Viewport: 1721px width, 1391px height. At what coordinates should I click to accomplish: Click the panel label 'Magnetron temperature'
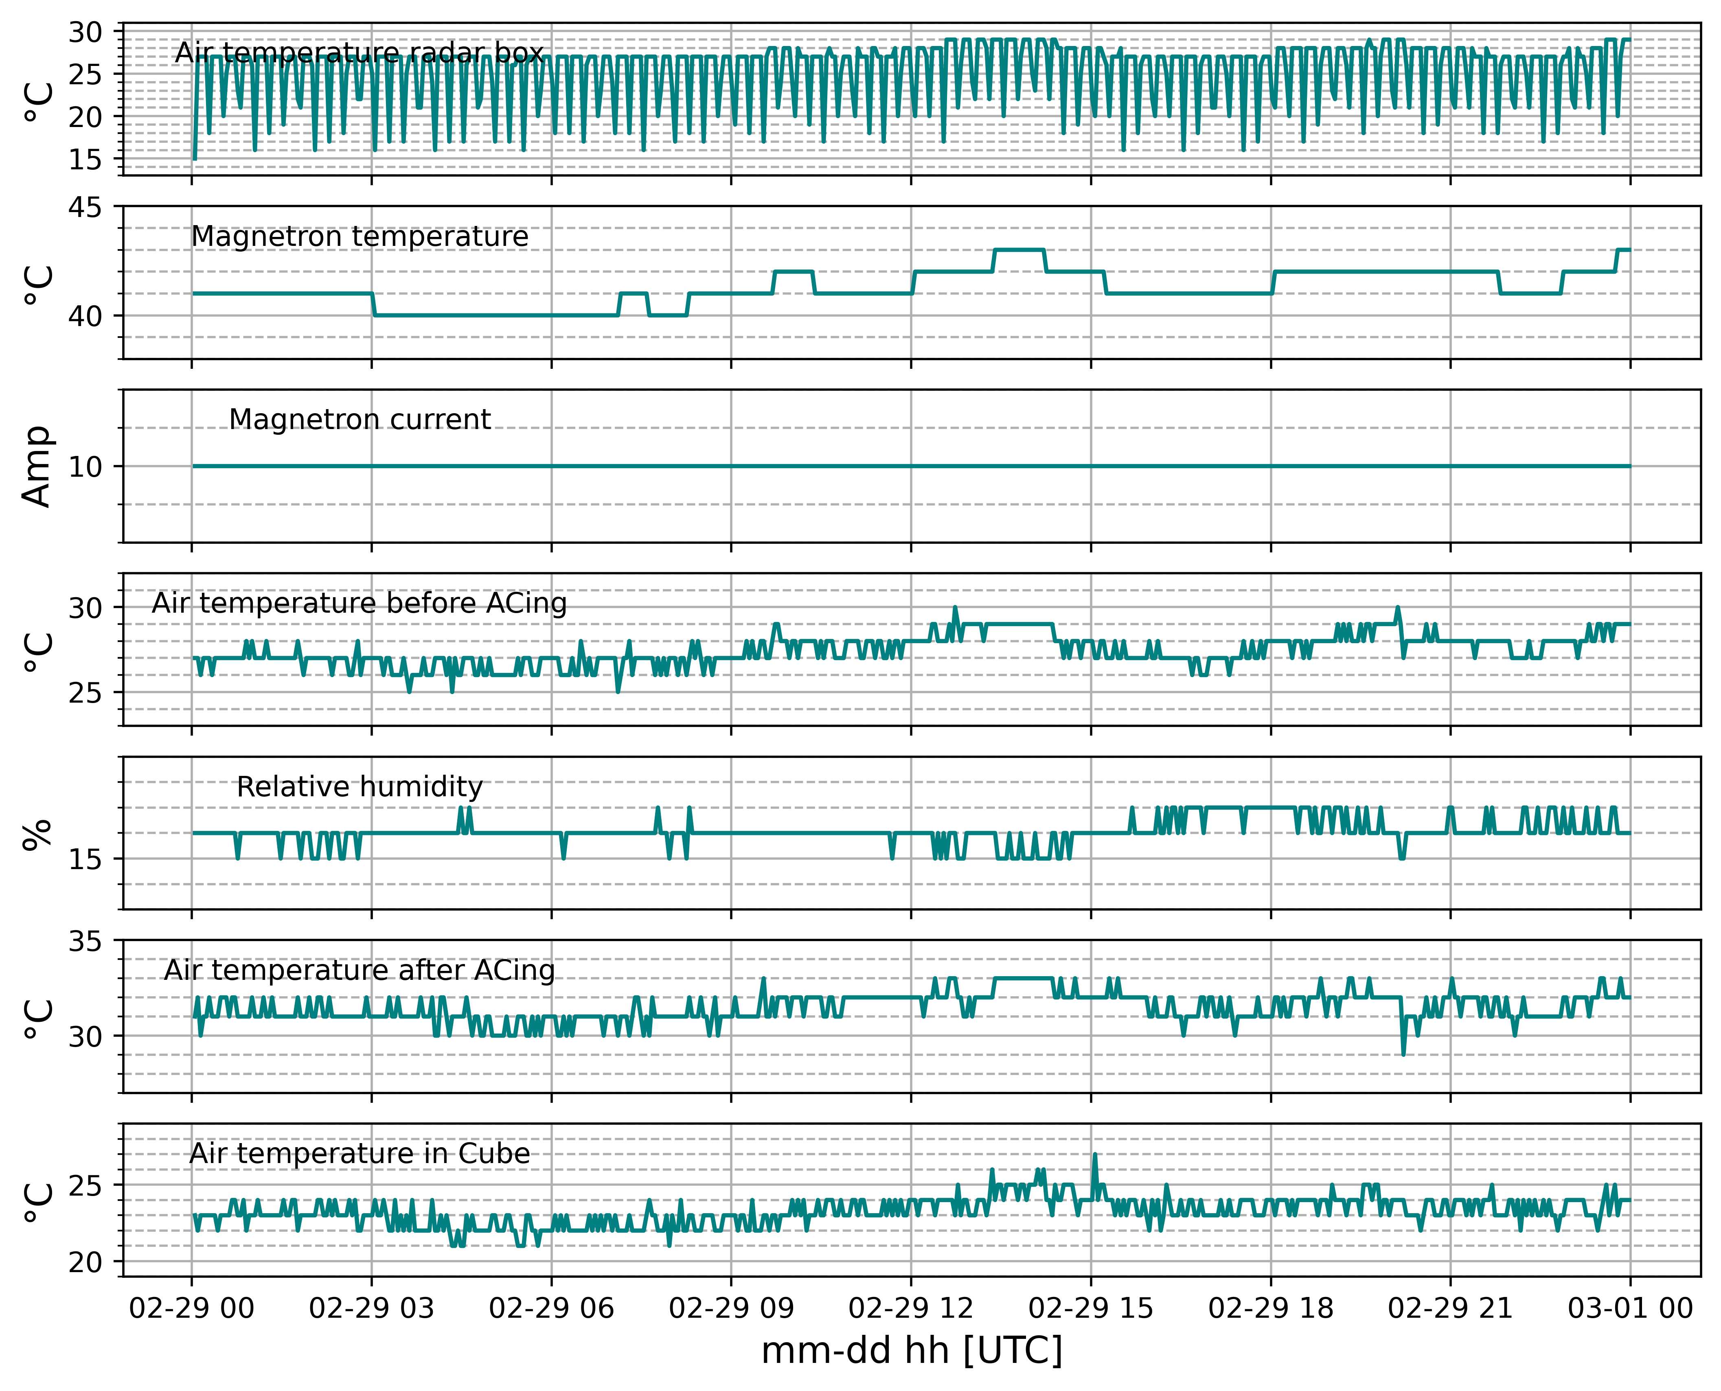[x=360, y=237]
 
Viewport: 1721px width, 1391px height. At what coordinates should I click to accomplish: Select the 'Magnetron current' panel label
[x=360, y=420]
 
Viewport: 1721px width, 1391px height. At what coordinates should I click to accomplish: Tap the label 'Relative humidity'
[x=360, y=787]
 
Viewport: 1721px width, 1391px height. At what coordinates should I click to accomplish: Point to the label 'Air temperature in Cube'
[x=360, y=1154]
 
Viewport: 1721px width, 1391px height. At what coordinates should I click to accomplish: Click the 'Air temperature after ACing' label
[x=360, y=970]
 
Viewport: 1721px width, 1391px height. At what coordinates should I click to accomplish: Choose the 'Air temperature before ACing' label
[x=360, y=603]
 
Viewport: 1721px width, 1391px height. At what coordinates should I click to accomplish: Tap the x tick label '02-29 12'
[x=911, y=1308]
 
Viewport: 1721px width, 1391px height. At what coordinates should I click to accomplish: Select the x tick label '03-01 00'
[x=1631, y=1308]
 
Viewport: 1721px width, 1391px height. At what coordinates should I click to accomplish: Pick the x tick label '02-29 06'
[x=551, y=1308]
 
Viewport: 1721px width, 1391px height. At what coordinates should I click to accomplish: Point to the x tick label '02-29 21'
[x=1450, y=1308]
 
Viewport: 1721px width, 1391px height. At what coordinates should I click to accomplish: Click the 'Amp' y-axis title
[x=37, y=467]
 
